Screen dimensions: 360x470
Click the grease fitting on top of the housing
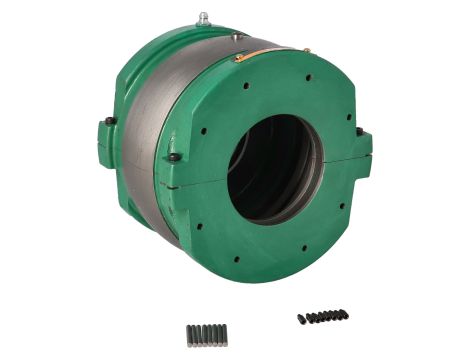(x=204, y=18)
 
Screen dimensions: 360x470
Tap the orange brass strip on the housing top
(x=250, y=55)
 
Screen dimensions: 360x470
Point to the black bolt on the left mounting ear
(x=110, y=121)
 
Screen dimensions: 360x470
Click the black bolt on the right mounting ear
(x=359, y=131)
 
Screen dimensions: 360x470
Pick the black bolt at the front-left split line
(x=174, y=157)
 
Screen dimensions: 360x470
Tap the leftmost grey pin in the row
(x=189, y=332)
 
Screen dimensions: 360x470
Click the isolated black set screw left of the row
(x=301, y=319)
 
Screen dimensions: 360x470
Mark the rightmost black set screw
(x=345, y=314)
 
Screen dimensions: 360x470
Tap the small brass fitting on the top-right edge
(x=307, y=51)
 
